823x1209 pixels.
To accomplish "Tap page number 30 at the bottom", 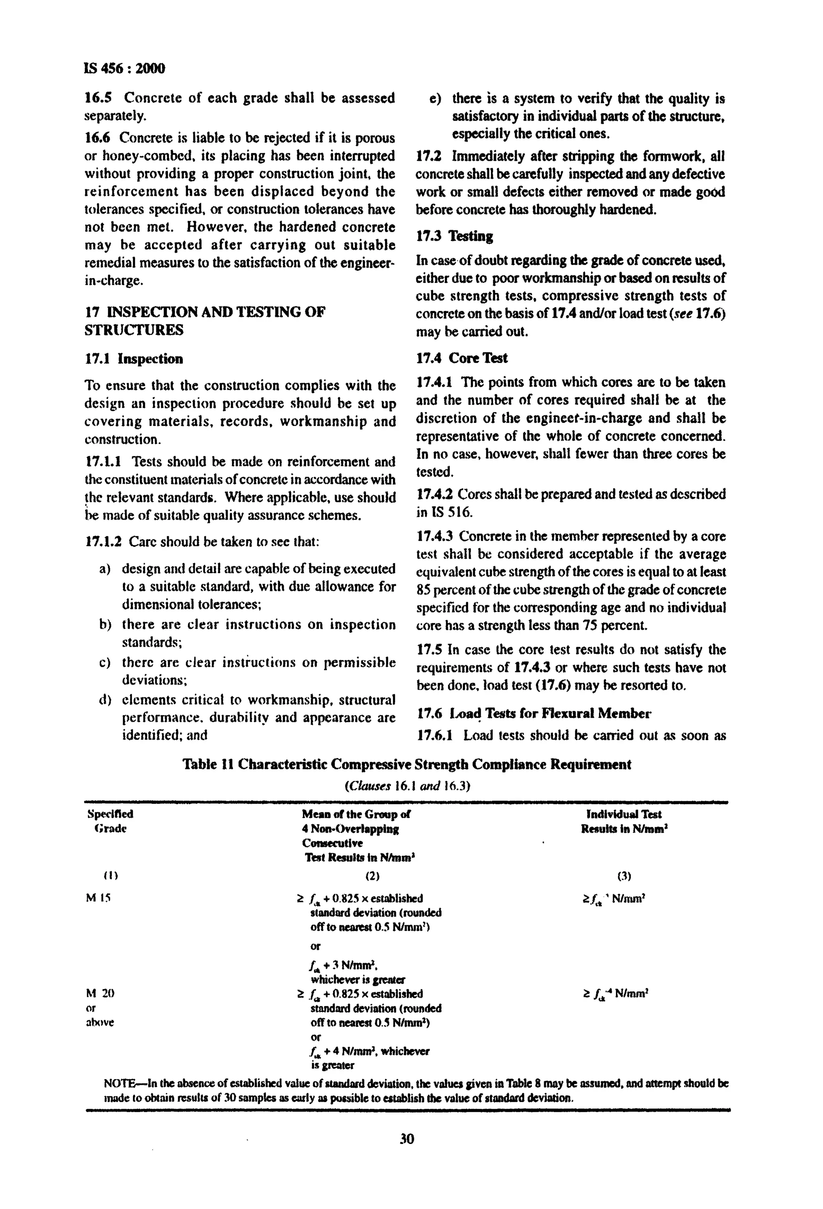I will click(x=407, y=1139).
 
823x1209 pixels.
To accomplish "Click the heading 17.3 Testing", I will click(x=454, y=236).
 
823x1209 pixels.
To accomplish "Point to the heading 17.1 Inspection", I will click(x=134, y=359).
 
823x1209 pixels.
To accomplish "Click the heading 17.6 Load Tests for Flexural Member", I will click(x=534, y=713).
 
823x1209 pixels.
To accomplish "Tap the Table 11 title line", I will click(x=407, y=764).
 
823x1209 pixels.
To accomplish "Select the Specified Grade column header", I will click(x=110, y=821).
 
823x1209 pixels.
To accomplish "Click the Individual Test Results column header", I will click(x=624, y=821).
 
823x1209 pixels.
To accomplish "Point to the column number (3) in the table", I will click(x=624, y=876).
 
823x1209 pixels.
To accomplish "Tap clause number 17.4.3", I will click(x=436, y=536).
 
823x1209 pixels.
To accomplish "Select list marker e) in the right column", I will click(x=435, y=99).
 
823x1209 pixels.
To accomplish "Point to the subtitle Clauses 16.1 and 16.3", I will click(x=407, y=785).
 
